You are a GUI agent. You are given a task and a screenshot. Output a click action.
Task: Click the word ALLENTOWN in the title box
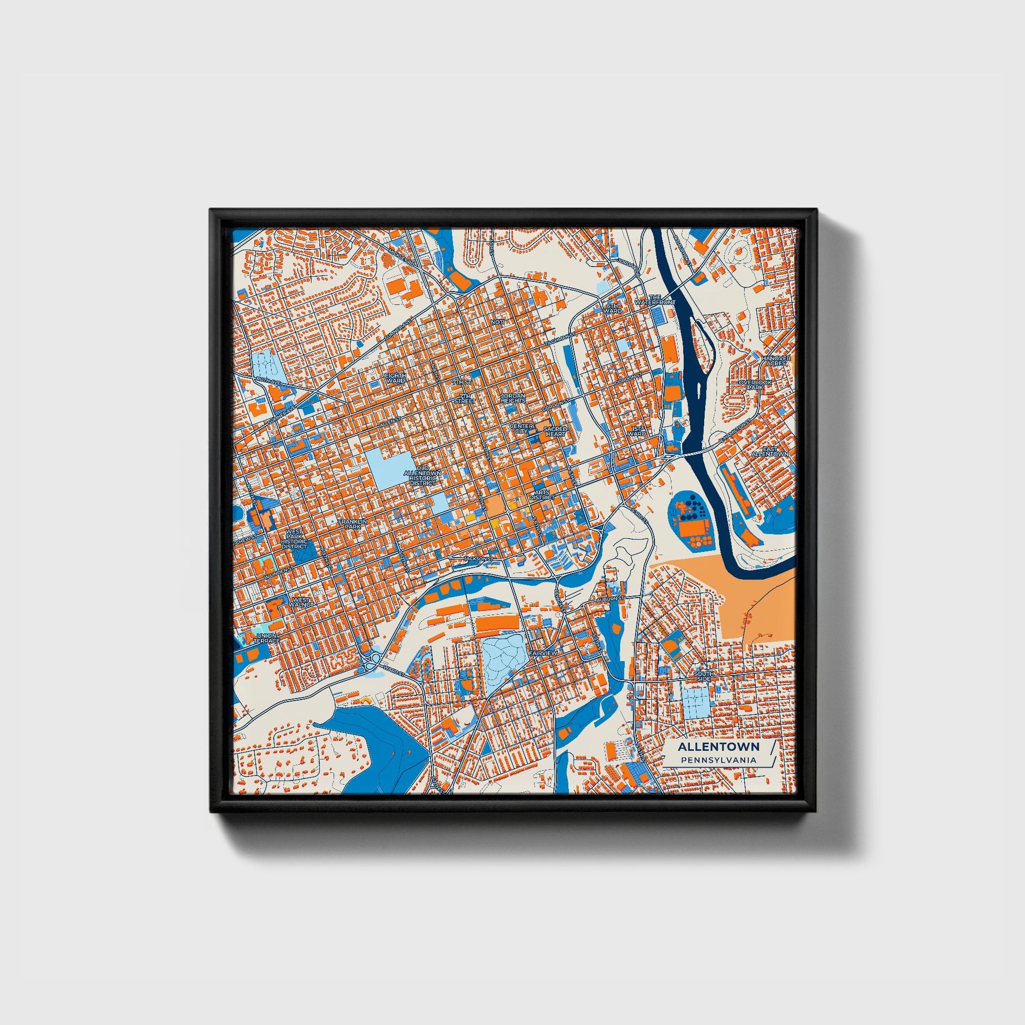(718, 746)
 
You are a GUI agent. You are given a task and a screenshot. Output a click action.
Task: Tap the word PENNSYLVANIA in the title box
(718, 760)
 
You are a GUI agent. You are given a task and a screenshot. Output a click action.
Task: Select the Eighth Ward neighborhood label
(395, 378)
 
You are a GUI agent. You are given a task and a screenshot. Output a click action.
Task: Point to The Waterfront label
(655, 300)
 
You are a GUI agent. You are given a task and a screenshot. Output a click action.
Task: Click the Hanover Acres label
(776, 360)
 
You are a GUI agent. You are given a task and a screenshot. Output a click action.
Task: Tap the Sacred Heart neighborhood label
(556, 431)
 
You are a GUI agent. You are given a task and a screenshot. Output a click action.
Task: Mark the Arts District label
(542, 495)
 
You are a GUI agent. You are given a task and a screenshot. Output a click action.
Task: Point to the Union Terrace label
(266, 638)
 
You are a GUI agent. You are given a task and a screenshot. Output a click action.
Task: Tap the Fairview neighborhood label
(543, 653)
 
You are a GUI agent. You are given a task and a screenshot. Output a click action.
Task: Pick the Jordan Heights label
(512, 398)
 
